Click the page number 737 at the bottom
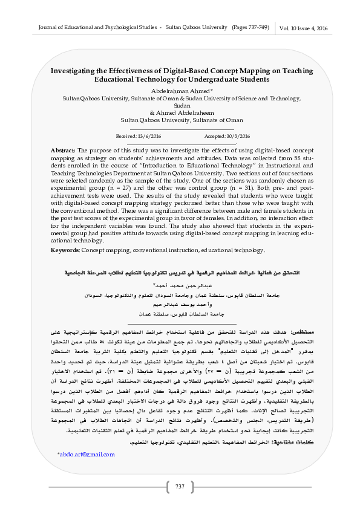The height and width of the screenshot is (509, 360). pyautogui.click(x=180, y=487)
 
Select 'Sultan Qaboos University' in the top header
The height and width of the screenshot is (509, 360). pyautogui.click(x=196, y=28)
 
